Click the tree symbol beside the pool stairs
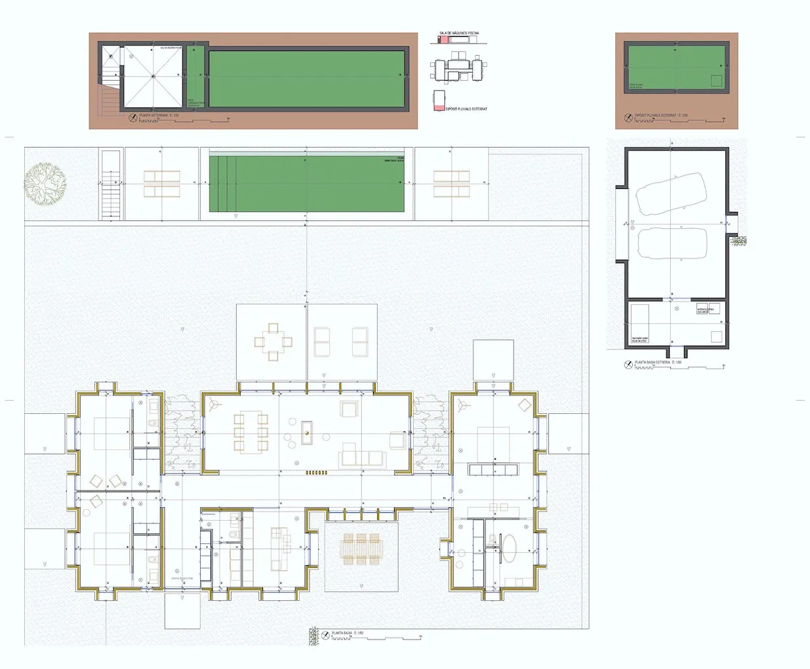coord(45,182)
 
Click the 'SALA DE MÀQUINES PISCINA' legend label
coord(459,33)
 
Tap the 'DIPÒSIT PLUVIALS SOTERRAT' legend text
coord(466,109)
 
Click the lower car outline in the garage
coord(672,244)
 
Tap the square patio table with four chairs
coord(273,341)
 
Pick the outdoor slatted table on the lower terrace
coord(361,548)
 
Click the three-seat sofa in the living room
coord(362,457)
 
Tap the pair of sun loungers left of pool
coord(161,184)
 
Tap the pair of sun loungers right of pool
coord(451,184)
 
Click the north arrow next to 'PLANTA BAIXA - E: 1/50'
coord(324,635)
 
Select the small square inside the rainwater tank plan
coord(716,81)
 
